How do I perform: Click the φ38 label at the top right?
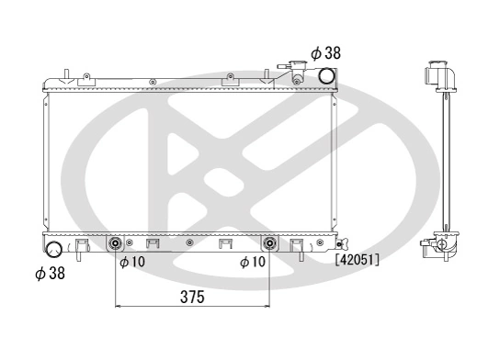[325, 53]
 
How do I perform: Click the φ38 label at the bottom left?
[50, 272]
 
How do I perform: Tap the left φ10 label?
[133, 263]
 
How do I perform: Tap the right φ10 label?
[254, 263]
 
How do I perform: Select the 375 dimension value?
[191, 298]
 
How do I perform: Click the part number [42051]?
[357, 261]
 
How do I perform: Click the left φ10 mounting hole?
[116, 244]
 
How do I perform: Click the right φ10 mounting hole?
[269, 244]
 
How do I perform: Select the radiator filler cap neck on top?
[297, 72]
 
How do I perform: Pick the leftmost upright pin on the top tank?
[68, 73]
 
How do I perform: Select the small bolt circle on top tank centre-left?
[151, 83]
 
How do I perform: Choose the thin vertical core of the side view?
[446, 161]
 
